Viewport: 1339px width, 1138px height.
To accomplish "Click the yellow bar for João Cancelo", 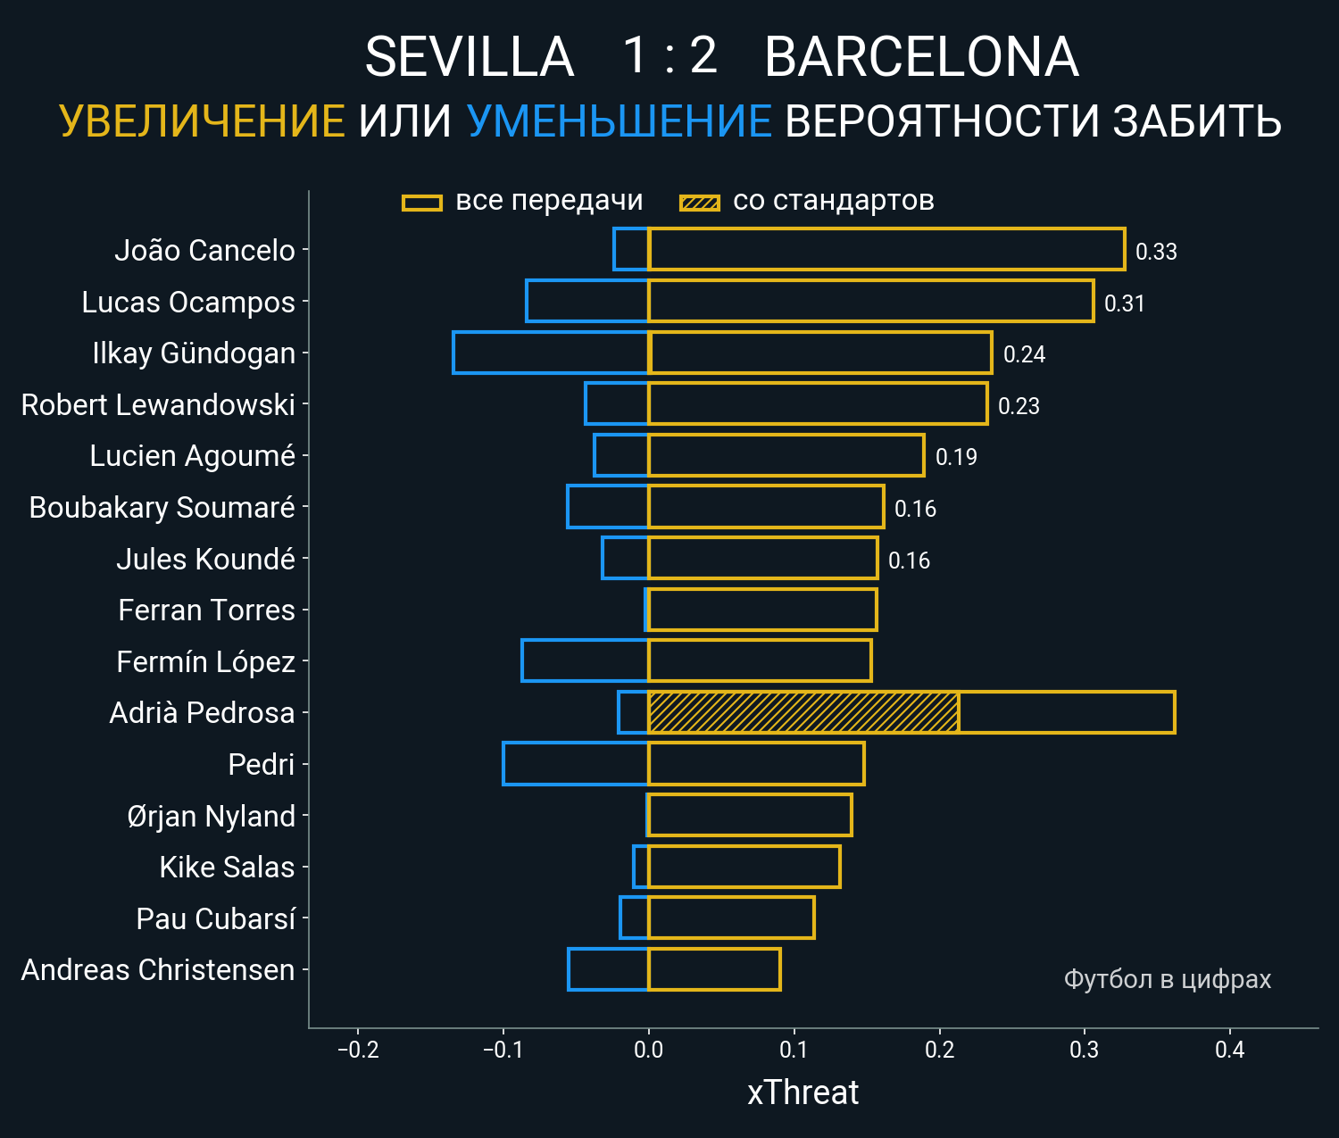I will tap(886, 249).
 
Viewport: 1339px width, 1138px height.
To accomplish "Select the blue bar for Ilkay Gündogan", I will tap(550, 353).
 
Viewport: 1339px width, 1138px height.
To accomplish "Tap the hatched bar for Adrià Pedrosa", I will tap(803, 712).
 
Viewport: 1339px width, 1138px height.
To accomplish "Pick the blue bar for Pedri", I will tap(576, 764).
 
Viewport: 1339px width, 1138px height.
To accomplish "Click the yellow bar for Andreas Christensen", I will tap(714, 969).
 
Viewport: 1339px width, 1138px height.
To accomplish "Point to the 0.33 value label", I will tap(1156, 252).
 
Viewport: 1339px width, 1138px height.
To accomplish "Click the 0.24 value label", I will tap(1024, 354).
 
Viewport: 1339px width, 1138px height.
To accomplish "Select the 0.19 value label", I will tap(956, 457).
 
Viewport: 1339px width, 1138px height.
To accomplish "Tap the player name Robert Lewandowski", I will tap(158, 404).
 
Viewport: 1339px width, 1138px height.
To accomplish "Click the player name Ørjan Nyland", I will tap(211, 816).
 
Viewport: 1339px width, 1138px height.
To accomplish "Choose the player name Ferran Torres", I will tap(206, 610).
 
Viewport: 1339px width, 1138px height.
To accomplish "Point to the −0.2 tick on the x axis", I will tap(358, 1050).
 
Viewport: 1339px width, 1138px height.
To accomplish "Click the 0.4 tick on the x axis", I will tap(1229, 1050).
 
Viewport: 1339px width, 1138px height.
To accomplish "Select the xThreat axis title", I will tap(803, 1092).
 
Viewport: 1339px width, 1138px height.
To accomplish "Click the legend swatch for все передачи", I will tap(422, 203).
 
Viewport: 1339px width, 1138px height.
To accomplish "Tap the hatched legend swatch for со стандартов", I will tap(700, 203).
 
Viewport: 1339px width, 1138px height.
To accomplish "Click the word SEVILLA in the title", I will tap(469, 57).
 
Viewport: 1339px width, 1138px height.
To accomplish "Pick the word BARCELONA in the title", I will tap(921, 57).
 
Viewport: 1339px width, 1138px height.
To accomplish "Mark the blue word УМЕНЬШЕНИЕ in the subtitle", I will tap(619, 121).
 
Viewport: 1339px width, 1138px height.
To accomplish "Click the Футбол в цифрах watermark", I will tap(1167, 979).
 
